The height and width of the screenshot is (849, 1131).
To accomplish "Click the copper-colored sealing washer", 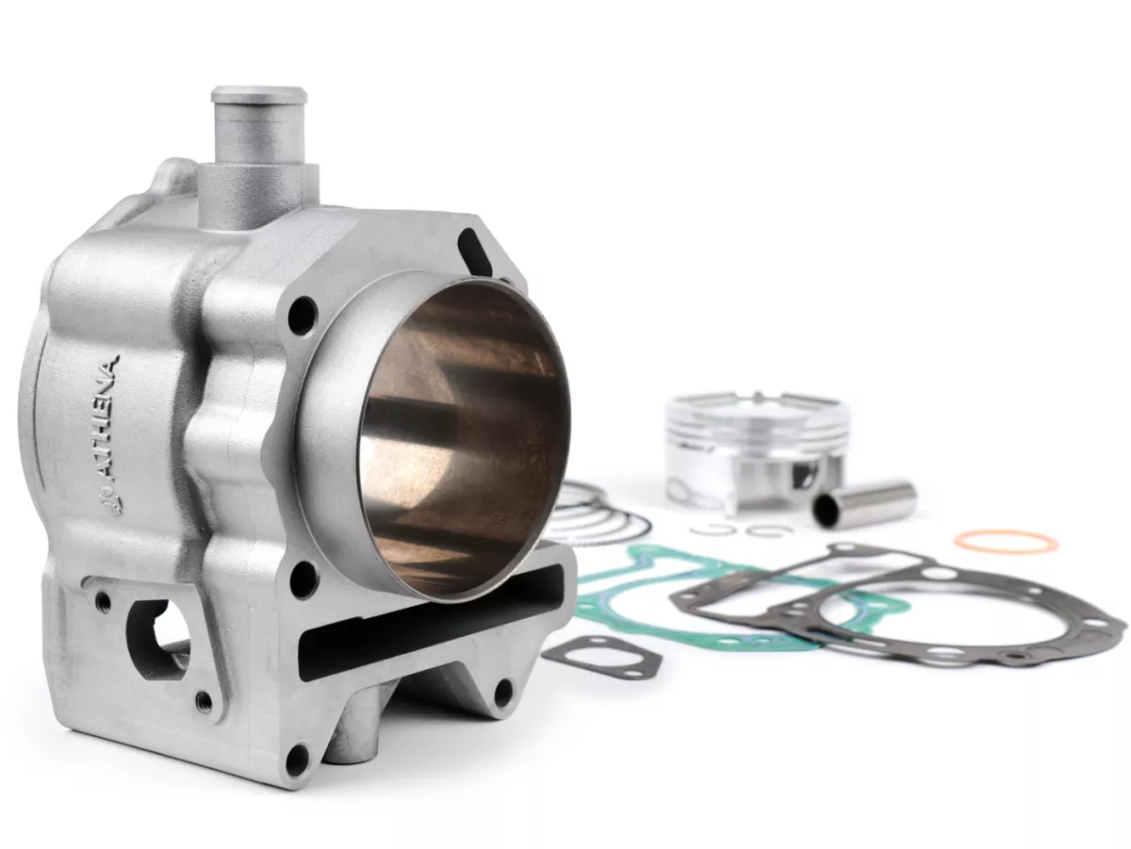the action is tap(1006, 542).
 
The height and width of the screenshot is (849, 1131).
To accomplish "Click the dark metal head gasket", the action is tap(899, 613).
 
